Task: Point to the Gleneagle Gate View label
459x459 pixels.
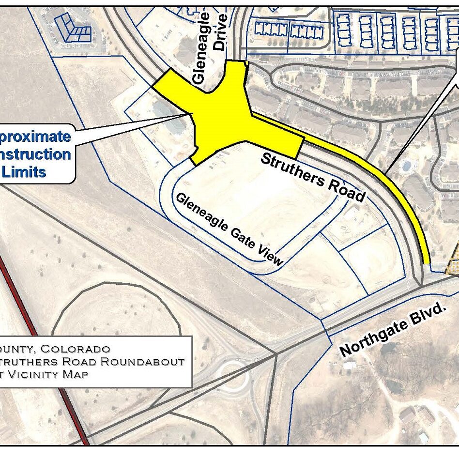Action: (x=229, y=229)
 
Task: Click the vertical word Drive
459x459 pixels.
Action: (x=220, y=32)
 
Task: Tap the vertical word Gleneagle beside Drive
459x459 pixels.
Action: (x=200, y=48)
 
